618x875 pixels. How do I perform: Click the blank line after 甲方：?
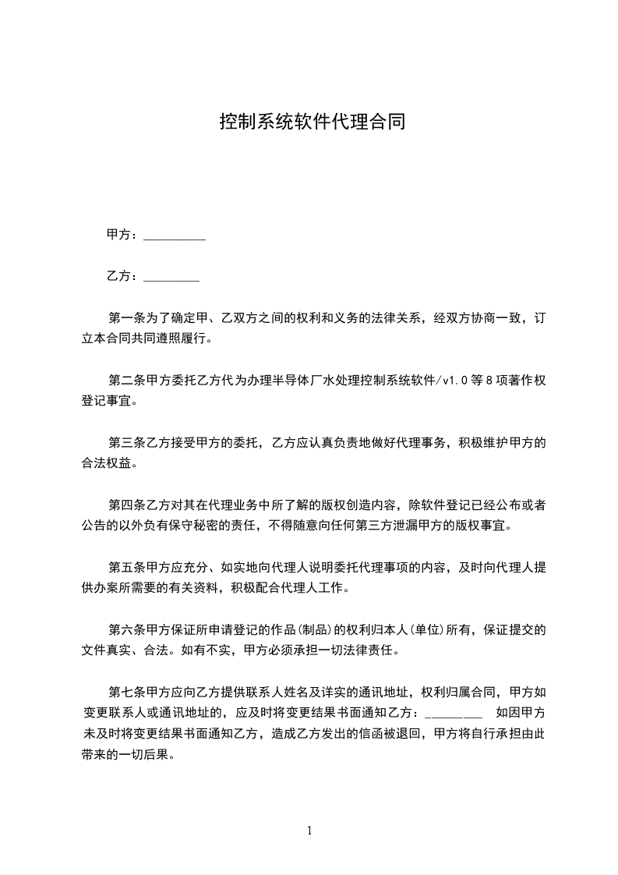click(x=175, y=236)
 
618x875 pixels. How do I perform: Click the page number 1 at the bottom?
click(x=309, y=830)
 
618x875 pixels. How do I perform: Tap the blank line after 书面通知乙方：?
click(x=455, y=713)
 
